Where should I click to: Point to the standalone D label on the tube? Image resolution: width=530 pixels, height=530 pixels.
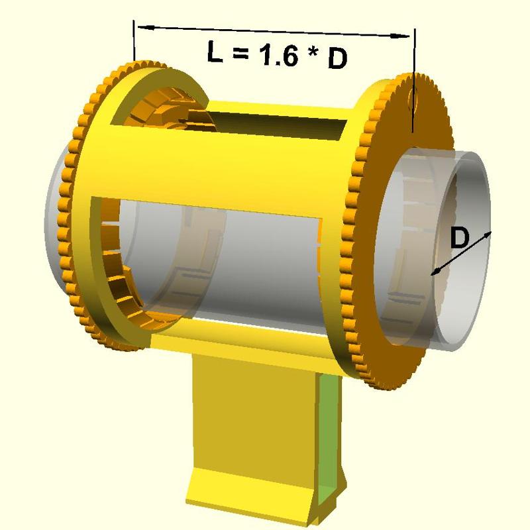(x=459, y=238)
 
